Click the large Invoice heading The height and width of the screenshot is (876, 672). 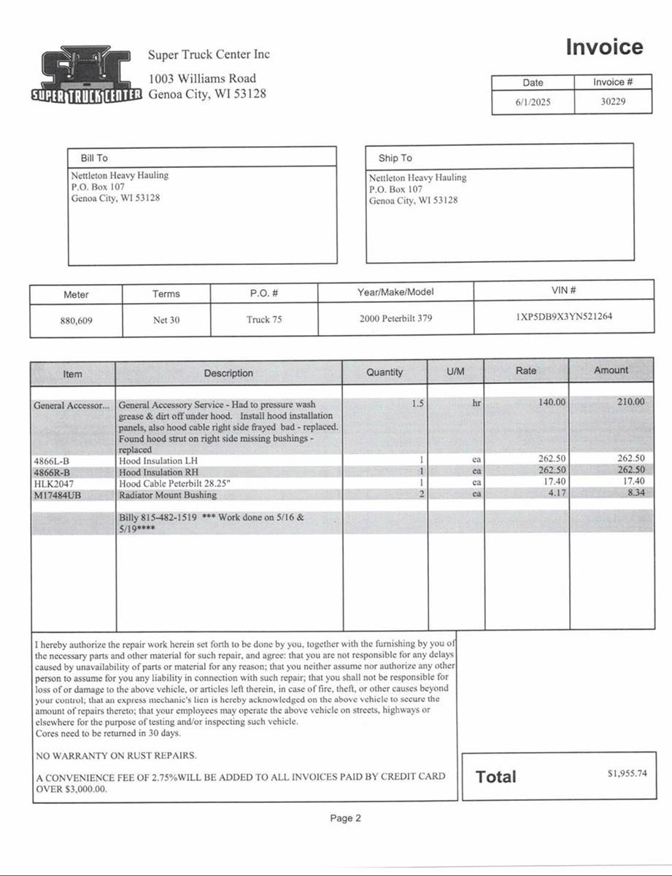[605, 47]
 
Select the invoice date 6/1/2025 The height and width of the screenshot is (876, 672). [533, 102]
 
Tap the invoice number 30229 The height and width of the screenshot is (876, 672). [613, 102]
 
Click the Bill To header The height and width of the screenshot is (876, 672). [93, 158]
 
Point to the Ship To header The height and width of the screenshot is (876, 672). [395, 158]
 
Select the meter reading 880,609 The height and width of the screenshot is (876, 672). [76, 320]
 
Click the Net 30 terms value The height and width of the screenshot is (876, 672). [166, 320]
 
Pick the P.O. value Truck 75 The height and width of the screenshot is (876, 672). [264, 320]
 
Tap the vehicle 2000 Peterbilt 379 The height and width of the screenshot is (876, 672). [395, 319]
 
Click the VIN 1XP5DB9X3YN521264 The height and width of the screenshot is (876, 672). [564, 318]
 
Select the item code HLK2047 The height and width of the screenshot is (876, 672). [54, 483]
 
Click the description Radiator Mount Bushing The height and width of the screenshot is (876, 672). [168, 495]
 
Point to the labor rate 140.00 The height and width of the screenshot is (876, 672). [552, 402]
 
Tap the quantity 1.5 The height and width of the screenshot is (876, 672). [417, 402]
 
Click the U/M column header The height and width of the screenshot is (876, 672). [455, 372]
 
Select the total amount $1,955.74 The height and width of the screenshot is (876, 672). [627, 774]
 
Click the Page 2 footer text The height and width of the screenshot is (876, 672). [346, 818]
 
